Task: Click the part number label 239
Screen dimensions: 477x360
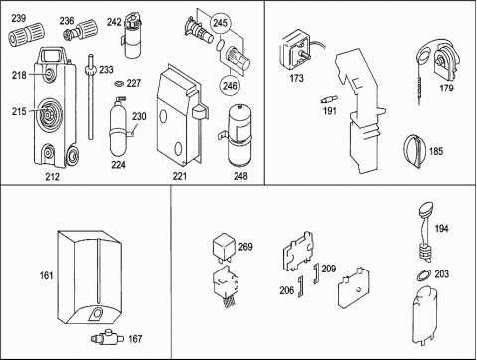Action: click(x=19, y=18)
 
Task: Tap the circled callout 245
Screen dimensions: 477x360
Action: click(x=220, y=23)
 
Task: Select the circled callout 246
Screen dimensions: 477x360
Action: click(x=230, y=86)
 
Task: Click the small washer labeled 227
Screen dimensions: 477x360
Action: click(x=119, y=83)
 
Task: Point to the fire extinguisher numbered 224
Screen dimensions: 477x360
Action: click(x=118, y=128)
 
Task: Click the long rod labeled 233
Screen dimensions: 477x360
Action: click(x=91, y=97)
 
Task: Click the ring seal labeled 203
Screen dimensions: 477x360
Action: click(x=423, y=275)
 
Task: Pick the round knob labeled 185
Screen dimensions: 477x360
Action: click(x=414, y=151)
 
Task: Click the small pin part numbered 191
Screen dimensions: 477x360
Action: click(x=329, y=99)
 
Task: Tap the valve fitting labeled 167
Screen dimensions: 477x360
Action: click(x=107, y=338)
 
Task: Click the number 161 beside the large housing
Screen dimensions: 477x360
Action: click(x=46, y=275)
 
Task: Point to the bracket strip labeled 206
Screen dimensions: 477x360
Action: click(x=300, y=286)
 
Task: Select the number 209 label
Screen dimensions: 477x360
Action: click(x=329, y=269)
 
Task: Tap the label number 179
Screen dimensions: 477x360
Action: click(x=446, y=89)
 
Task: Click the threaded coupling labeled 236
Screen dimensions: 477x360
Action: click(x=80, y=30)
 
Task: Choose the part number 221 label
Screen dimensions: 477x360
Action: click(x=179, y=176)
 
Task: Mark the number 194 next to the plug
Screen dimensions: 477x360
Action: click(x=441, y=229)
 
